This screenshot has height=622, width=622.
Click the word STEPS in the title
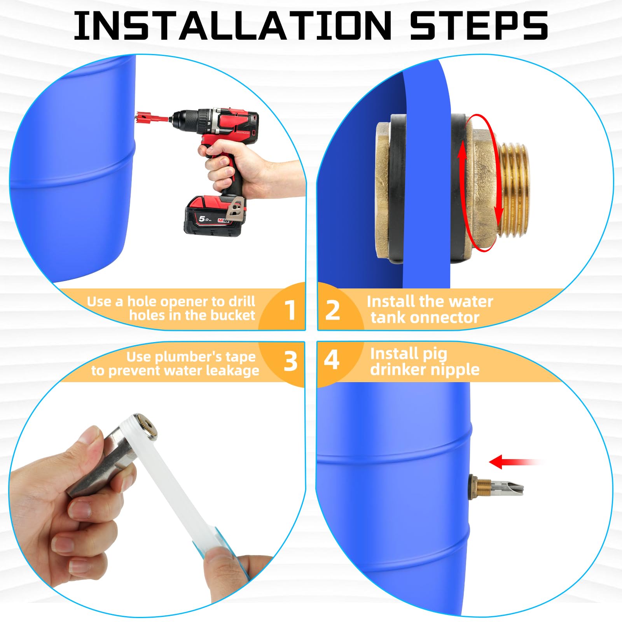point(479,26)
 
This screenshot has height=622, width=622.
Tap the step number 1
point(290,310)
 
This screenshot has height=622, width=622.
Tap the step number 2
point(332,310)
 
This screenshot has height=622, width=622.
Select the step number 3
point(290,361)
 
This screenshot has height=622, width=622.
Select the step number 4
point(331,360)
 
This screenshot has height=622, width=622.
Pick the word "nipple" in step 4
point(458,369)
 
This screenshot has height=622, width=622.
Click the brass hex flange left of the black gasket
point(383,190)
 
